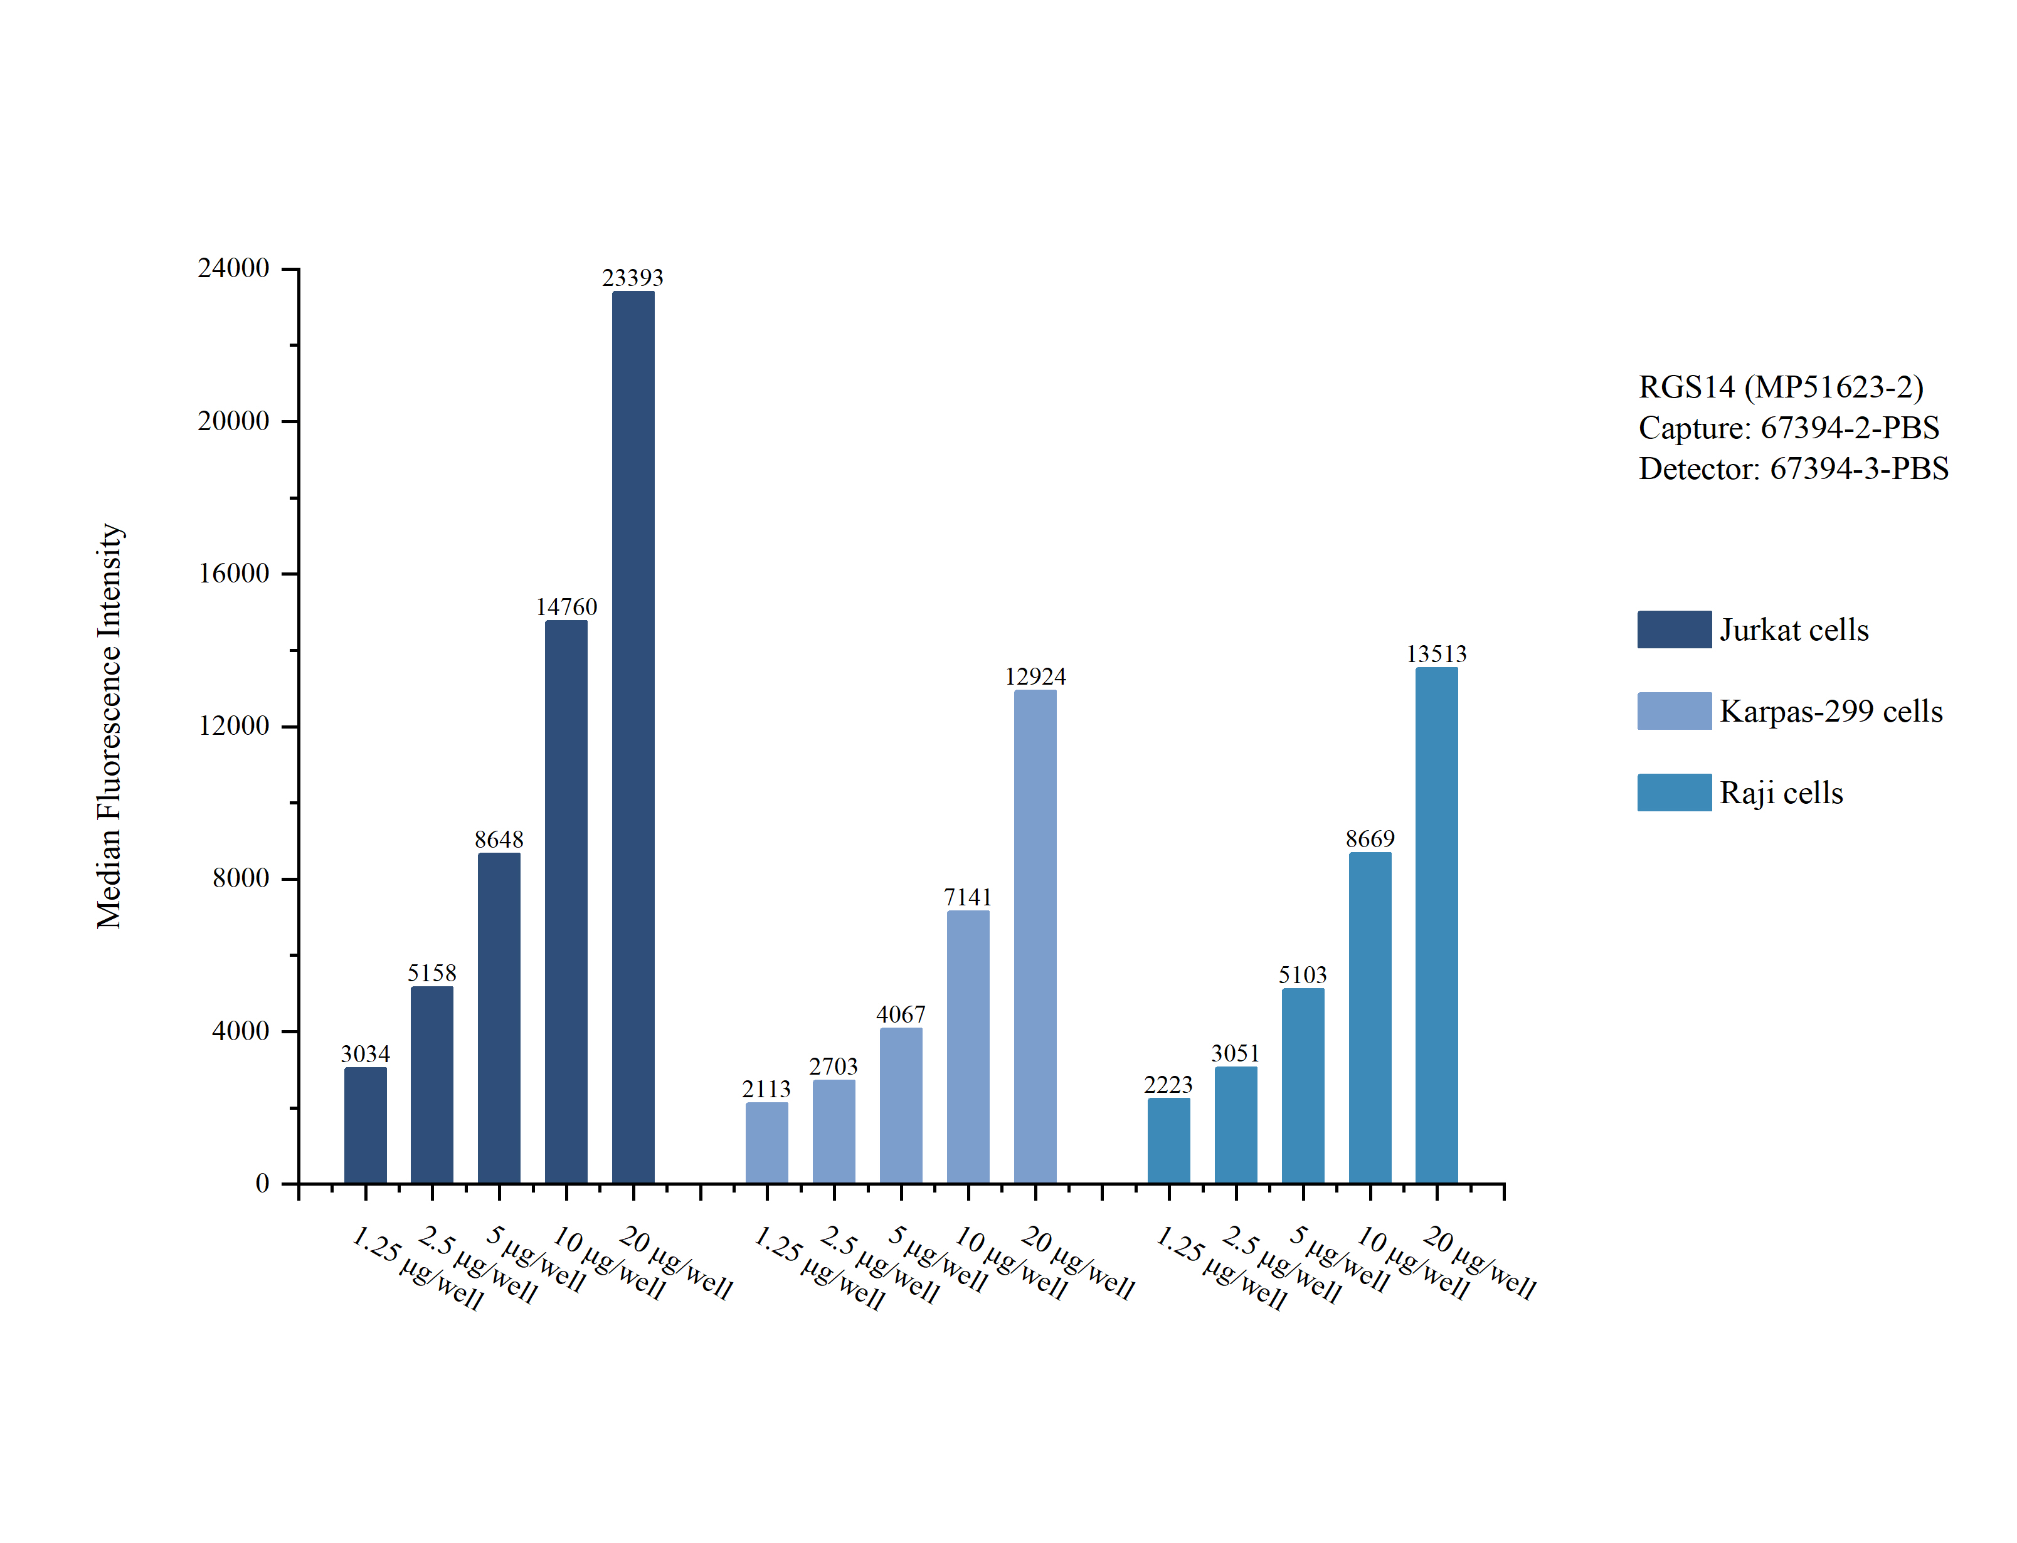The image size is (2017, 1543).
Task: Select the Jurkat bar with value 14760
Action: pyautogui.click(x=566, y=901)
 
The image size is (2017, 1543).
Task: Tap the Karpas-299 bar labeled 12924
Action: pyautogui.click(x=1035, y=936)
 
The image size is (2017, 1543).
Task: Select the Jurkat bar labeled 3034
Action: pyautogui.click(x=366, y=1125)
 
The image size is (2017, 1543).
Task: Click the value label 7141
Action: pyautogui.click(x=968, y=897)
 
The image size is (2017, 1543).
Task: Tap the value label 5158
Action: pyautogui.click(x=431, y=972)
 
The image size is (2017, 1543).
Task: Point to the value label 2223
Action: pyautogui.click(x=1168, y=1085)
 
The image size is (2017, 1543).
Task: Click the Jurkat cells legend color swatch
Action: pyautogui.click(x=1673, y=629)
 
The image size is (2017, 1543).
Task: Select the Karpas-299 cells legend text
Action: pyautogui.click(x=1831, y=711)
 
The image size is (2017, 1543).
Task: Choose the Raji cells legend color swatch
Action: pyautogui.click(x=1673, y=793)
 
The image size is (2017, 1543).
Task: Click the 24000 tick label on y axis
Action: pyautogui.click(x=233, y=268)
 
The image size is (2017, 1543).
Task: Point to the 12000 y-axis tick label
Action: pyautogui.click(x=233, y=725)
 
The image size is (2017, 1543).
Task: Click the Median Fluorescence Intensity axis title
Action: pyautogui.click(x=109, y=725)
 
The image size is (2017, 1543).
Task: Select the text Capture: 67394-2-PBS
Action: pyautogui.click(x=1788, y=428)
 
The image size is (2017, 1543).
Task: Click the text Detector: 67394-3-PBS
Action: pyautogui.click(x=1793, y=468)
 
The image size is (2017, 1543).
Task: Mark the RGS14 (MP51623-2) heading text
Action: pyautogui.click(x=1780, y=387)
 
